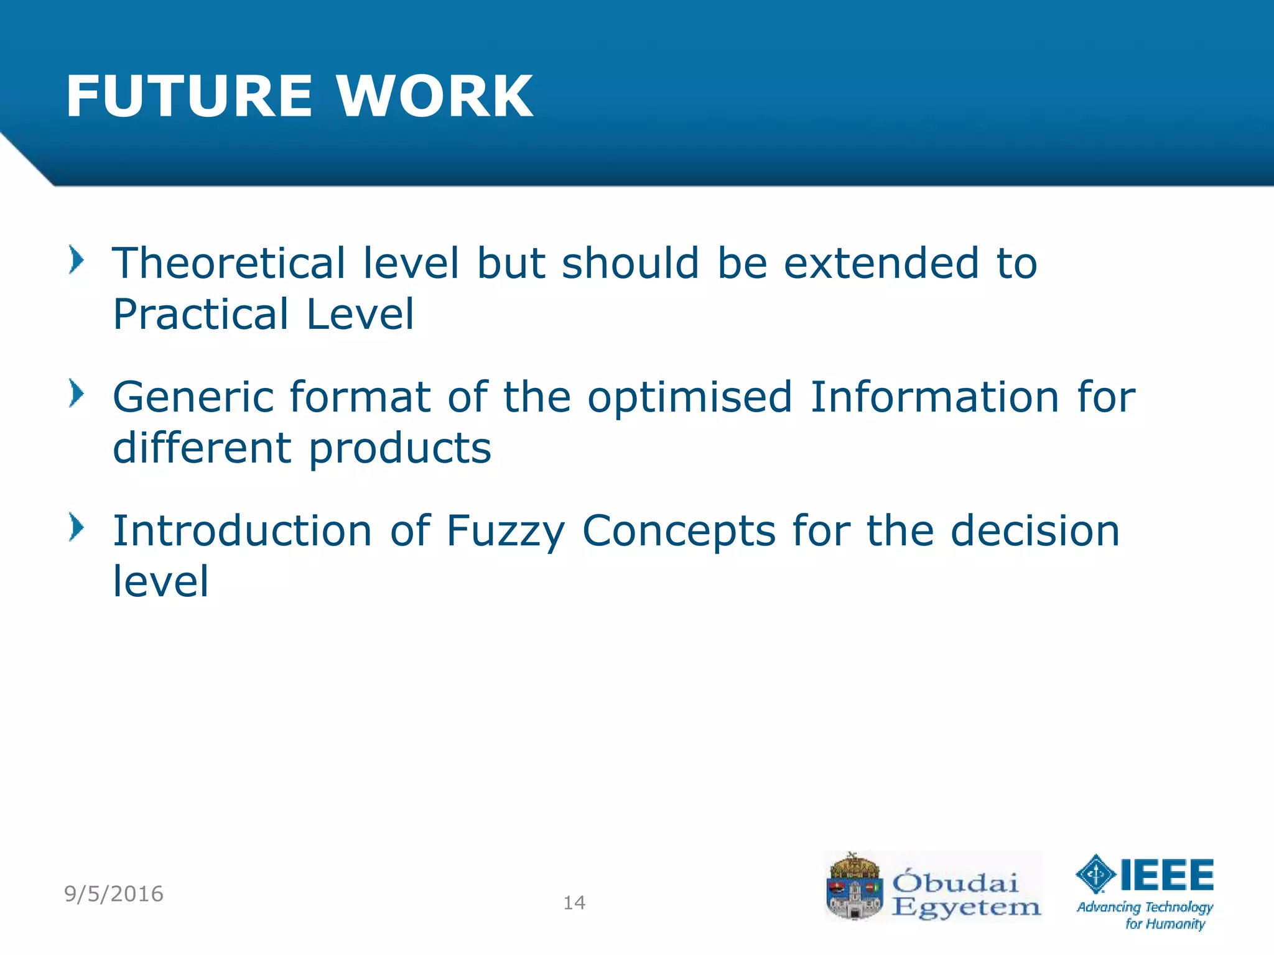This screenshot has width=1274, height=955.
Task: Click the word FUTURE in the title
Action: coord(188,96)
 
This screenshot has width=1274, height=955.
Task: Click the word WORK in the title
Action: coord(434,96)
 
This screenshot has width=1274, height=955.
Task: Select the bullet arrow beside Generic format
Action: coord(76,394)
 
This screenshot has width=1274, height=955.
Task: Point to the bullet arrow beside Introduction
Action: coord(76,527)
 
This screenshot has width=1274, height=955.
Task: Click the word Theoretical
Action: coord(228,263)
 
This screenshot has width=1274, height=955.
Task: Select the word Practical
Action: coord(201,314)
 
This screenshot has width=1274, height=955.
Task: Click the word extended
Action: coord(881,263)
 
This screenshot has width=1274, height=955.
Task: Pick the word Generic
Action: coord(193,397)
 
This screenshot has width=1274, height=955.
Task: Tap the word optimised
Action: coord(690,397)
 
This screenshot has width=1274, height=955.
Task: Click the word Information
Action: coord(935,397)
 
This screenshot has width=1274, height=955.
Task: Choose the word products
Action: coord(400,448)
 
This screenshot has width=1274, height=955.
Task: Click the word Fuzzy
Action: coord(506,532)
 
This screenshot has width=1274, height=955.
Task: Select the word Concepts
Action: coord(679,532)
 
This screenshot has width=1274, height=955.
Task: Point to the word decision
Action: coord(1035,531)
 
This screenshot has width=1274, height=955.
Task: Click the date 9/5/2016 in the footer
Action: coord(114,894)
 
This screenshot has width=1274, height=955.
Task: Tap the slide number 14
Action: coord(574,903)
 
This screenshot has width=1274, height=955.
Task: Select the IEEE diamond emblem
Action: coord(1095,874)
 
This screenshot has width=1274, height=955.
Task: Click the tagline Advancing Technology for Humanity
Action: coord(1145,915)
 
